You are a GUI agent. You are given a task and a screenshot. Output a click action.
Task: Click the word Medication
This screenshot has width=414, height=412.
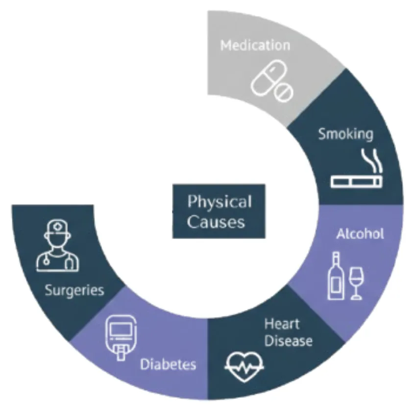click(255, 46)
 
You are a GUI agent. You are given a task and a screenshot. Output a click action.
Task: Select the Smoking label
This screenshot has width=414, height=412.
click(345, 133)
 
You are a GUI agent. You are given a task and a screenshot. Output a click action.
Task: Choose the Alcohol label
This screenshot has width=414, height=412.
click(360, 234)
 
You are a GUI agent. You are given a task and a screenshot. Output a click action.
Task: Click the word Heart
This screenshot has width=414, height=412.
click(282, 324)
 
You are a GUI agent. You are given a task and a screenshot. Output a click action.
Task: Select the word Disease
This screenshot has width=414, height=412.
click(288, 340)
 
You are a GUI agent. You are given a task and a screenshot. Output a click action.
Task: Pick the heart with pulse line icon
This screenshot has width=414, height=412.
click(244, 366)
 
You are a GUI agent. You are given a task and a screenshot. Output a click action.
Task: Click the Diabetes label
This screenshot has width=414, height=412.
click(168, 364)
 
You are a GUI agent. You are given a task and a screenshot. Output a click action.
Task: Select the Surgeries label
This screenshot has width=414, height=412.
click(74, 290)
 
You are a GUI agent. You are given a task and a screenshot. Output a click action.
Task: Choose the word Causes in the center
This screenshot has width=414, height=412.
click(216, 222)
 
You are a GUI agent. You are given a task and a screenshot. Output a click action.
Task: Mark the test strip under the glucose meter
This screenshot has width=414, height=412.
click(119, 354)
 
